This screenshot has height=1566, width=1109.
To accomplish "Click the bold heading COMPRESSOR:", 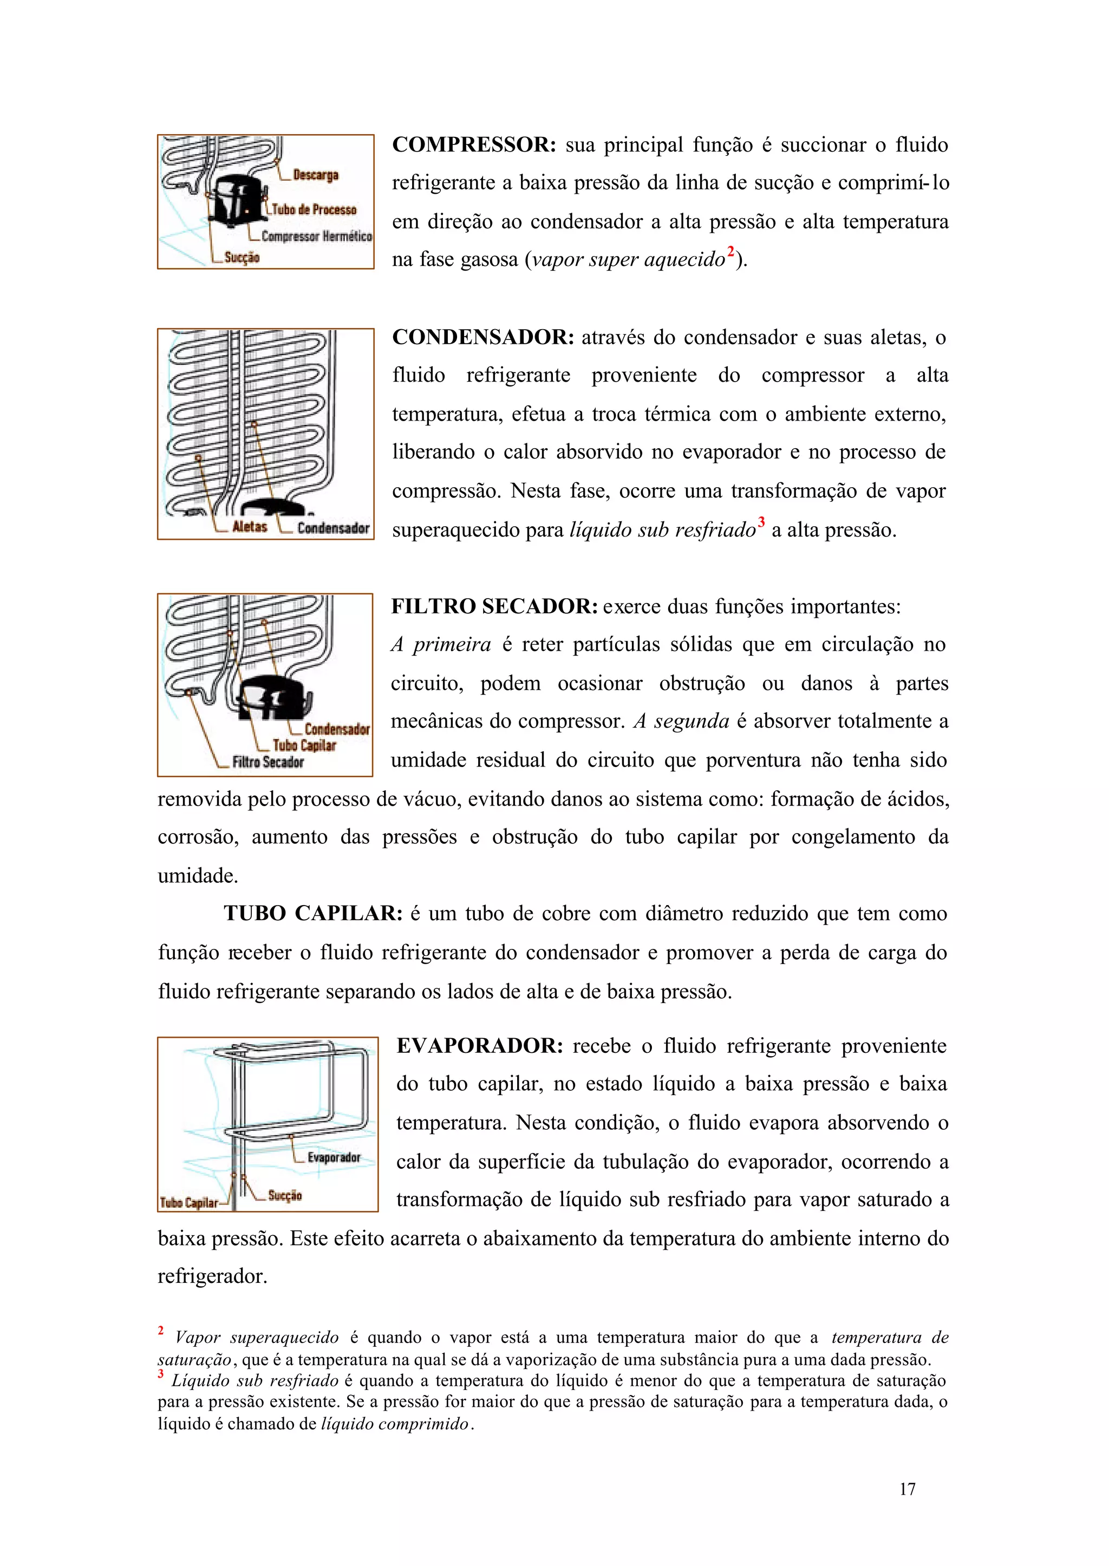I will coord(474,145).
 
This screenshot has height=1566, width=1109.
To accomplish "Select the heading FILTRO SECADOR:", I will coord(494,606).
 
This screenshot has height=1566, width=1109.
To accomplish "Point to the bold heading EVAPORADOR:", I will coord(479,1046).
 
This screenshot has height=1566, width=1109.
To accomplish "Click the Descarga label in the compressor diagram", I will coord(316,175).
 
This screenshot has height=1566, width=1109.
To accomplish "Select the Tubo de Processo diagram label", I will coord(314,209).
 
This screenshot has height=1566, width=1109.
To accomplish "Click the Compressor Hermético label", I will coord(316,236).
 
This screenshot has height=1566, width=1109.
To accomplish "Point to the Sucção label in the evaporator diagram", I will coord(285,1195).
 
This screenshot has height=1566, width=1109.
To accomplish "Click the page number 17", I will coord(907,1489).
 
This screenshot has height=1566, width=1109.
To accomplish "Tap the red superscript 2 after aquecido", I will coord(730,252).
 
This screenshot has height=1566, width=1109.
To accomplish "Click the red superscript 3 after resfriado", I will coord(761,522).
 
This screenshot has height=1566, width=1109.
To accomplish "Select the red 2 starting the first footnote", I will coord(161,1331).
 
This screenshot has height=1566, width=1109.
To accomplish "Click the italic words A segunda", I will coord(681,722).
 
